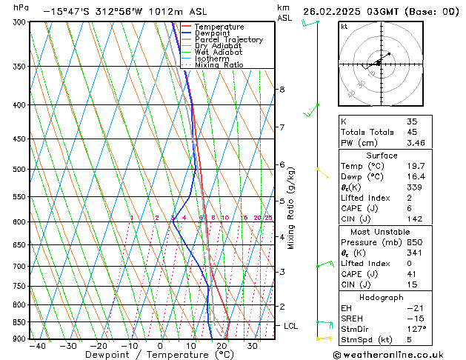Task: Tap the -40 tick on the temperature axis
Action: pyautogui.click(x=35, y=346)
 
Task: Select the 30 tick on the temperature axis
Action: pyautogui.click(x=253, y=346)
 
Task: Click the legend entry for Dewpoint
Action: pyautogui.click(x=212, y=33)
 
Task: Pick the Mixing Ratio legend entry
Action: pyautogui.click(x=219, y=65)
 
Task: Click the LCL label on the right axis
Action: pyautogui.click(x=292, y=326)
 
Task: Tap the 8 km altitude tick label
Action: pyautogui.click(x=282, y=90)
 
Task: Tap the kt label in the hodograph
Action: pyautogui.click(x=344, y=26)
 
